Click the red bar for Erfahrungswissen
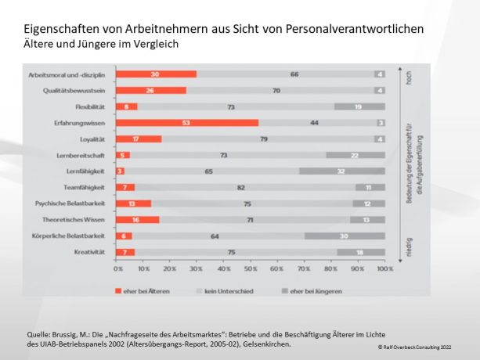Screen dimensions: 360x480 pos(186,123)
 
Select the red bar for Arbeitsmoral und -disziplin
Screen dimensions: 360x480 pos(155,74)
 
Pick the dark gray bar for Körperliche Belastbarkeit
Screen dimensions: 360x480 pos(345,236)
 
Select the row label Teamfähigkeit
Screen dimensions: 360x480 pos(89,187)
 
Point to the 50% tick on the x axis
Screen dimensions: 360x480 pos(251,268)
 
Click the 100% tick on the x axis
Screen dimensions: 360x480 pos(384,268)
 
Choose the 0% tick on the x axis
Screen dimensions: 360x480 pos(118,268)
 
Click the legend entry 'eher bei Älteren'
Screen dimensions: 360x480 pos(148,291)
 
